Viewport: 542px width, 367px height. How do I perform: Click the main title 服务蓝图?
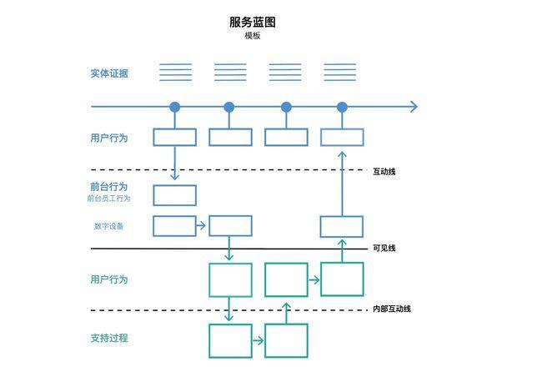(x=252, y=23)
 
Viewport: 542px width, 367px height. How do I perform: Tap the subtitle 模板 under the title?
(x=252, y=36)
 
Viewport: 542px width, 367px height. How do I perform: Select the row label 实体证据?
(x=109, y=73)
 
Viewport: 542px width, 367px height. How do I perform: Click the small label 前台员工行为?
(x=108, y=199)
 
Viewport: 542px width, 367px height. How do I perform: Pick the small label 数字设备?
(x=108, y=226)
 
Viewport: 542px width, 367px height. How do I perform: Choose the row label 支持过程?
(x=109, y=339)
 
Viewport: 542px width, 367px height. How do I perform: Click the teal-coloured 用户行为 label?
(x=109, y=279)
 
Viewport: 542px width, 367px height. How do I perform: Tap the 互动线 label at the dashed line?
(x=384, y=171)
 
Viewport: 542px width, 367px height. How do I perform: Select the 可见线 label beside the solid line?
(x=384, y=248)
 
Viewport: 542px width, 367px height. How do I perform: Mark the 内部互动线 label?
(x=391, y=309)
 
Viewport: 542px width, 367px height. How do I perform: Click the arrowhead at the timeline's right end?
(x=413, y=107)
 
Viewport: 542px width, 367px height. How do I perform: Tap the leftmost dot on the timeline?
(x=175, y=107)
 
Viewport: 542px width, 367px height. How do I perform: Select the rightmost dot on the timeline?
(x=342, y=107)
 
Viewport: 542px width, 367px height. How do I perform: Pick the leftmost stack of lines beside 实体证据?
(x=175, y=72)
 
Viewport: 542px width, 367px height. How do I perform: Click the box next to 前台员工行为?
(x=175, y=195)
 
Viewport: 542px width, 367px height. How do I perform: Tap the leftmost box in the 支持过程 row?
(x=230, y=340)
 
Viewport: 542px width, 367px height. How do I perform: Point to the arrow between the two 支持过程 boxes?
(x=258, y=340)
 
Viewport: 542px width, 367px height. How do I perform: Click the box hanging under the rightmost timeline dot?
(x=342, y=137)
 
